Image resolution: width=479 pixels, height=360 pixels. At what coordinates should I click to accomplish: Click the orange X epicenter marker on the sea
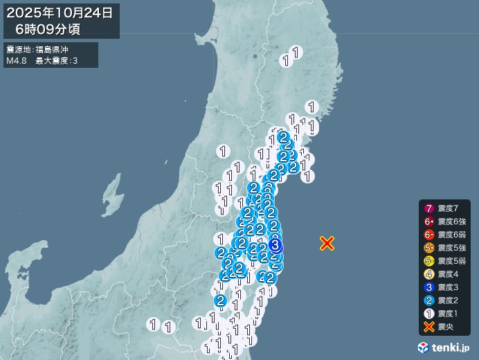pos(327,243)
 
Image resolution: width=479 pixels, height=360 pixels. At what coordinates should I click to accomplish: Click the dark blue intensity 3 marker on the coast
pos(275,244)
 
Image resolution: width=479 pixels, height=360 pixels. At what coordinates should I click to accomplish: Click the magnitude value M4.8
pos(16,61)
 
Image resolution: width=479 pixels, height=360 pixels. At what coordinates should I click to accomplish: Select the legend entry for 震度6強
pos(447,222)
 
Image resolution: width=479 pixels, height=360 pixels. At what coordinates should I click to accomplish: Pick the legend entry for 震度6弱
pos(447,235)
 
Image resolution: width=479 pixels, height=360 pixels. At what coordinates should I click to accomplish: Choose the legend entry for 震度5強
pos(447,248)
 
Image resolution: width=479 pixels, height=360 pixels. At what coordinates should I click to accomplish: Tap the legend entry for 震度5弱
pos(447,261)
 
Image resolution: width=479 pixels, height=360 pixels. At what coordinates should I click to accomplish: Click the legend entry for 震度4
pos(444,274)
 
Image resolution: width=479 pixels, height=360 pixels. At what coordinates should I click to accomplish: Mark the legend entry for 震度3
pos(444,287)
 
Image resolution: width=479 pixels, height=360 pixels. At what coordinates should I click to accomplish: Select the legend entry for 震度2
pos(444,300)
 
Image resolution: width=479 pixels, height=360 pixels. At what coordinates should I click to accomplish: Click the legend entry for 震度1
pos(444,314)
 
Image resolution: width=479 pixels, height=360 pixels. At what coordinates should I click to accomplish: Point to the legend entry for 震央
pos(440,327)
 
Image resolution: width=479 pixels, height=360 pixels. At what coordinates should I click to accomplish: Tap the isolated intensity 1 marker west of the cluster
pos(223,151)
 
